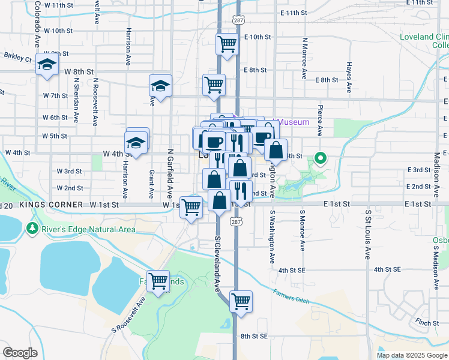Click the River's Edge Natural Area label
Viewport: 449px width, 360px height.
[x=88, y=229]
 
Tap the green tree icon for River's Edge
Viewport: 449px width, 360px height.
[x=32, y=229]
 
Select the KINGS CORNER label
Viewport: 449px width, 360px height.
[x=51, y=205]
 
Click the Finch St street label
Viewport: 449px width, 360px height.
[x=427, y=322]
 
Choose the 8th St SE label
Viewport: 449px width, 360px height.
[x=254, y=337]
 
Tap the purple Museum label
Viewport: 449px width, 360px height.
[x=294, y=122]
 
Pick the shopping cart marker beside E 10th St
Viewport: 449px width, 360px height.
[x=227, y=44]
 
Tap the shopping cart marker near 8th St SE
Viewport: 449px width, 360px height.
[x=241, y=301]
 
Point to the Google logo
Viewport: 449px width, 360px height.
[x=20, y=353]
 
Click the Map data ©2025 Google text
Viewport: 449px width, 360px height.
[x=411, y=355]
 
